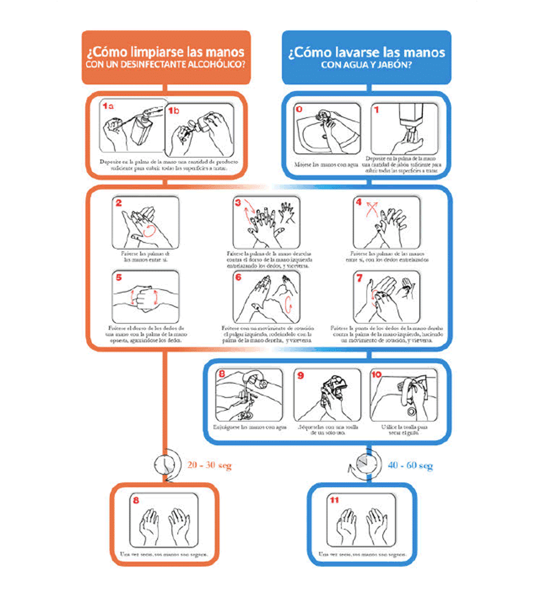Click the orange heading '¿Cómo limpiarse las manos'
165,52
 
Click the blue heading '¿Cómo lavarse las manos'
366,52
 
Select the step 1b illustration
200,129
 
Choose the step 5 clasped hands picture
146,296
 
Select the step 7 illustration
387,296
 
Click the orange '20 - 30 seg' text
209,465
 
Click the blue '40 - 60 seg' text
410,466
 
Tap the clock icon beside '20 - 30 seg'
165,464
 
